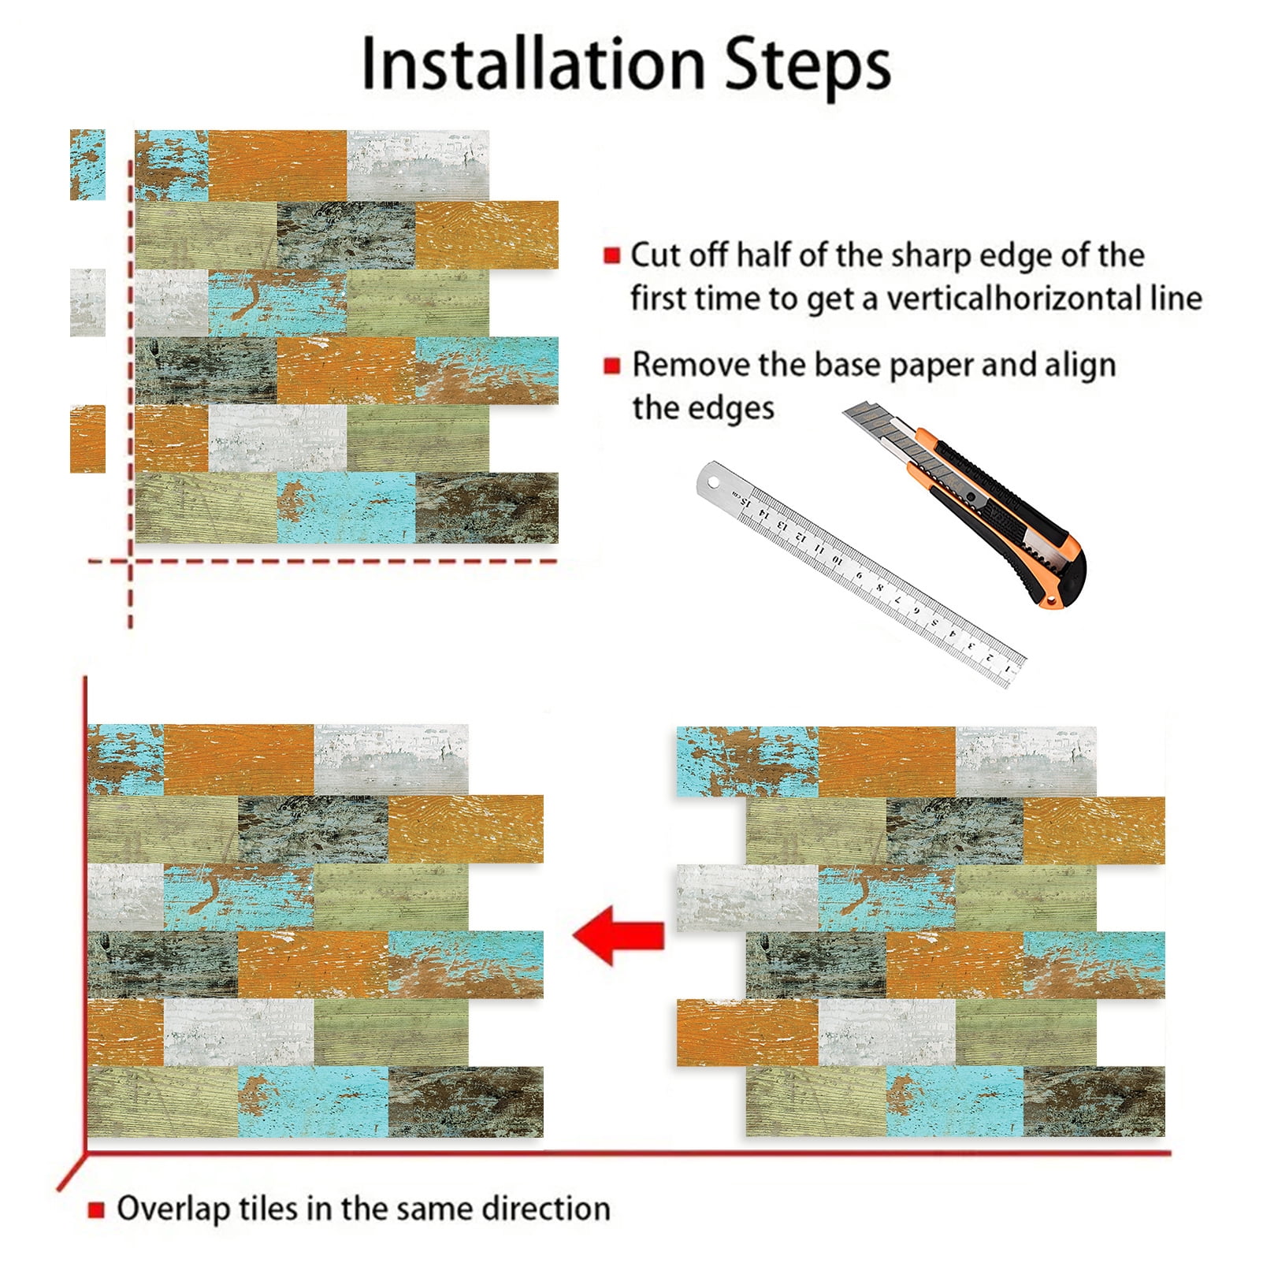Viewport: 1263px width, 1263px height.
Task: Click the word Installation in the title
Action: (x=533, y=64)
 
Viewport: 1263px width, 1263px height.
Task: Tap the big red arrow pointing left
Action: (x=618, y=935)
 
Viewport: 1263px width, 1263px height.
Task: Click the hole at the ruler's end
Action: (x=713, y=480)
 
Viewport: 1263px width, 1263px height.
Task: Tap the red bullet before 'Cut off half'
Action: (x=611, y=255)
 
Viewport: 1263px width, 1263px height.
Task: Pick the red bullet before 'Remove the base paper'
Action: (x=611, y=366)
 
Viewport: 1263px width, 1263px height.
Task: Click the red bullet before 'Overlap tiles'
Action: (x=96, y=1209)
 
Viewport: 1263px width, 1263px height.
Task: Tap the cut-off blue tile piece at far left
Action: (x=87, y=165)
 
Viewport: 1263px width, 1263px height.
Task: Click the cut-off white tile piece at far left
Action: (x=87, y=303)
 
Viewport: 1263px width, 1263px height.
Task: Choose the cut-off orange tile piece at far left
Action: (x=87, y=439)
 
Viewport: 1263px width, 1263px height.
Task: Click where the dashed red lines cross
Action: (x=131, y=561)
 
